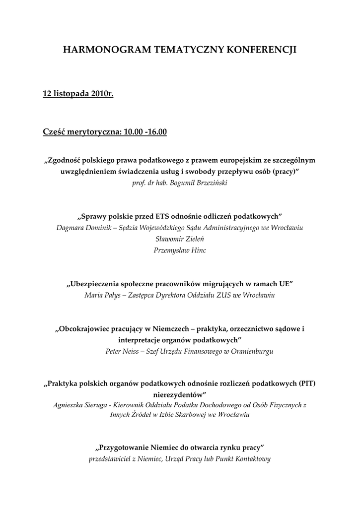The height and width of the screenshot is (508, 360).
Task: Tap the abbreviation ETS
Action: pyautogui.click(x=162, y=217)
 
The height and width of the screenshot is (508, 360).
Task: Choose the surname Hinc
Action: pyautogui.click(x=197, y=251)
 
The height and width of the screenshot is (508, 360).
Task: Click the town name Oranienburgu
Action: pyautogui.click(x=251, y=351)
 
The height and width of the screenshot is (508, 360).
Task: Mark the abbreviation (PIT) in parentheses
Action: pyautogui.click(x=307, y=384)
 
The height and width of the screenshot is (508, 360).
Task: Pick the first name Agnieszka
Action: pyautogui.click(x=71, y=405)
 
